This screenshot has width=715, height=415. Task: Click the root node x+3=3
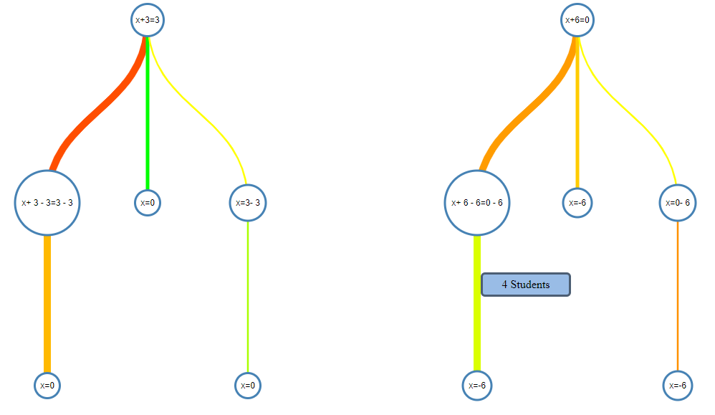click(x=147, y=20)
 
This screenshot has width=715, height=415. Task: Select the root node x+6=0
click(x=577, y=20)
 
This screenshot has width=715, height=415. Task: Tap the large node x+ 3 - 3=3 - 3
click(x=47, y=203)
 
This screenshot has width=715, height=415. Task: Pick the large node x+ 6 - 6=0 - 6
click(x=477, y=203)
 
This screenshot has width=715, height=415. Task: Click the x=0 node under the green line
click(x=148, y=203)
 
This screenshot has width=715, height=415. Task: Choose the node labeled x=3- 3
click(x=248, y=203)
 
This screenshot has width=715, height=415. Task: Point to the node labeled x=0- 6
click(x=678, y=203)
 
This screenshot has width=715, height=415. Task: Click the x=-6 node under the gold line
click(x=577, y=203)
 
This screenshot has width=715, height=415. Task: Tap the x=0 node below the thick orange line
click(x=47, y=386)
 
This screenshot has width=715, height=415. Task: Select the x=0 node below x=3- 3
click(x=248, y=386)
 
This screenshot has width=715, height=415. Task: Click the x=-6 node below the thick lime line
click(x=477, y=386)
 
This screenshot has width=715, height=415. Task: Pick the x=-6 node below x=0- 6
click(x=678, y=386)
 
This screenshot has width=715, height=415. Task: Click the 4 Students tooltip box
click(x=526, y=285)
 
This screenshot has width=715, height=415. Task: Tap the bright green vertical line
click(x=148, y=115)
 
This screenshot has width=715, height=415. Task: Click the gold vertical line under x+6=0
click(x=577, y=115)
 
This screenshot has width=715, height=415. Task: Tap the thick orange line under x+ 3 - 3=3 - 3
click(x=47, y=301)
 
